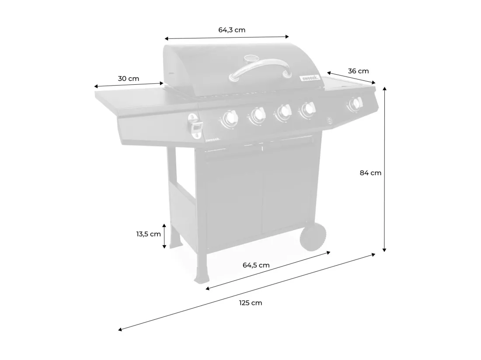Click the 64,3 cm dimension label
coord(232,30)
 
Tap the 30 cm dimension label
coord(129,79)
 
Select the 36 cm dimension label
coord(358,71)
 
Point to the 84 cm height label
coord(370,173)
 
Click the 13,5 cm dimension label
coord(149,234)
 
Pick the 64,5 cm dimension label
coord(256,265)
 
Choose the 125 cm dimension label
coord(251,303)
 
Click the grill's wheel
coord(313,236)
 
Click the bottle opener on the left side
coord(195,126)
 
